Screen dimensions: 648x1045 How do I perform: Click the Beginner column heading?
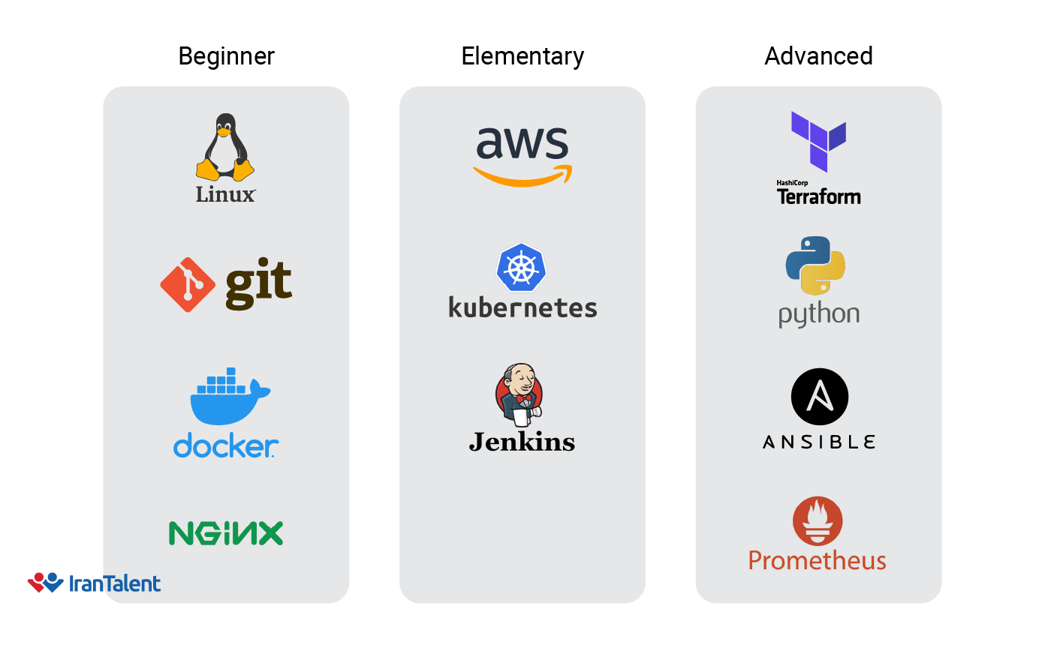pos(226,56)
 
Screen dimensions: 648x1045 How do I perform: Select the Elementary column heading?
pos(522,56)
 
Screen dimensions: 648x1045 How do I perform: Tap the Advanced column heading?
pos(818,56)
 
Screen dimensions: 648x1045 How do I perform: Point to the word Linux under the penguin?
pos(225,194)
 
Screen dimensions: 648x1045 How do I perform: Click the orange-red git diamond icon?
pos(188,285)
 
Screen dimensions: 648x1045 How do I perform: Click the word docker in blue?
pos(225,446)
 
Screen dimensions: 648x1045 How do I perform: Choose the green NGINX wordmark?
pos(226,533)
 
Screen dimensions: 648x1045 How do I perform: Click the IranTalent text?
pos(114,583)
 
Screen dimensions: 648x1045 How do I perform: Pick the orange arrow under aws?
pos(522,175)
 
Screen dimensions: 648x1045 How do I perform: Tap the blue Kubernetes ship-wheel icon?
pos(521,268)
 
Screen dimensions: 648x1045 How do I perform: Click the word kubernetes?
pos(522,307)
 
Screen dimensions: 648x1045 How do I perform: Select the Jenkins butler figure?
pos(519,393)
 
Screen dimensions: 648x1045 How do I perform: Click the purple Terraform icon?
pos(818,140)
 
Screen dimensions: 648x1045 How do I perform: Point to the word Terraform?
pos(818,196)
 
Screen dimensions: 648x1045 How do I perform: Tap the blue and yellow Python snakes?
pos(815,265)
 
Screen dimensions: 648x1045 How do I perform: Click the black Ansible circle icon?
pos(819,397)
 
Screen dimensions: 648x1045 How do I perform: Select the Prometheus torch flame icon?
pos(818,521)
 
